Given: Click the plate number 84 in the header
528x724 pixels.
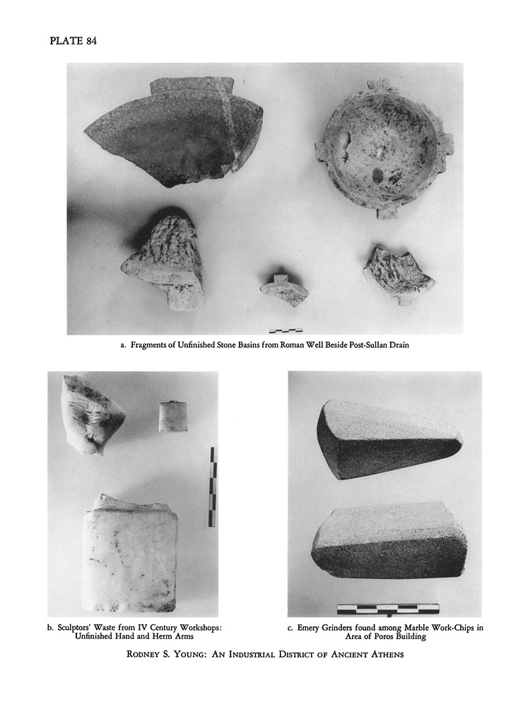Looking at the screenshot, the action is pos(91,41).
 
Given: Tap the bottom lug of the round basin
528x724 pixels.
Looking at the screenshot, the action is pos(387,214).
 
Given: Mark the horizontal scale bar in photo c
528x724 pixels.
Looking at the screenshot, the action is pos(388,609).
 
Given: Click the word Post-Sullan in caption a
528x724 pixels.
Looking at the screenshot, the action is pos(359,345).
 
